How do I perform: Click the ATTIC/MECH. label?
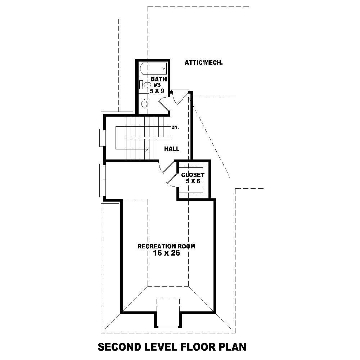tap(203, 63)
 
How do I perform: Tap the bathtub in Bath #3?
tap(153, 68)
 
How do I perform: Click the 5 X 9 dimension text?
tap(157, 91)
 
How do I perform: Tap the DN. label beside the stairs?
tap(175, 127)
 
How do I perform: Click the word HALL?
tap(172, 149)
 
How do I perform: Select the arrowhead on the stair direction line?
tap(146, 149)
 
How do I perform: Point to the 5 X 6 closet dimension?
tap(193, 181)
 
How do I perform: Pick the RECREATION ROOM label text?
tap(166, 247)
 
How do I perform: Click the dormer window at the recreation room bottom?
tap(168, 326)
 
